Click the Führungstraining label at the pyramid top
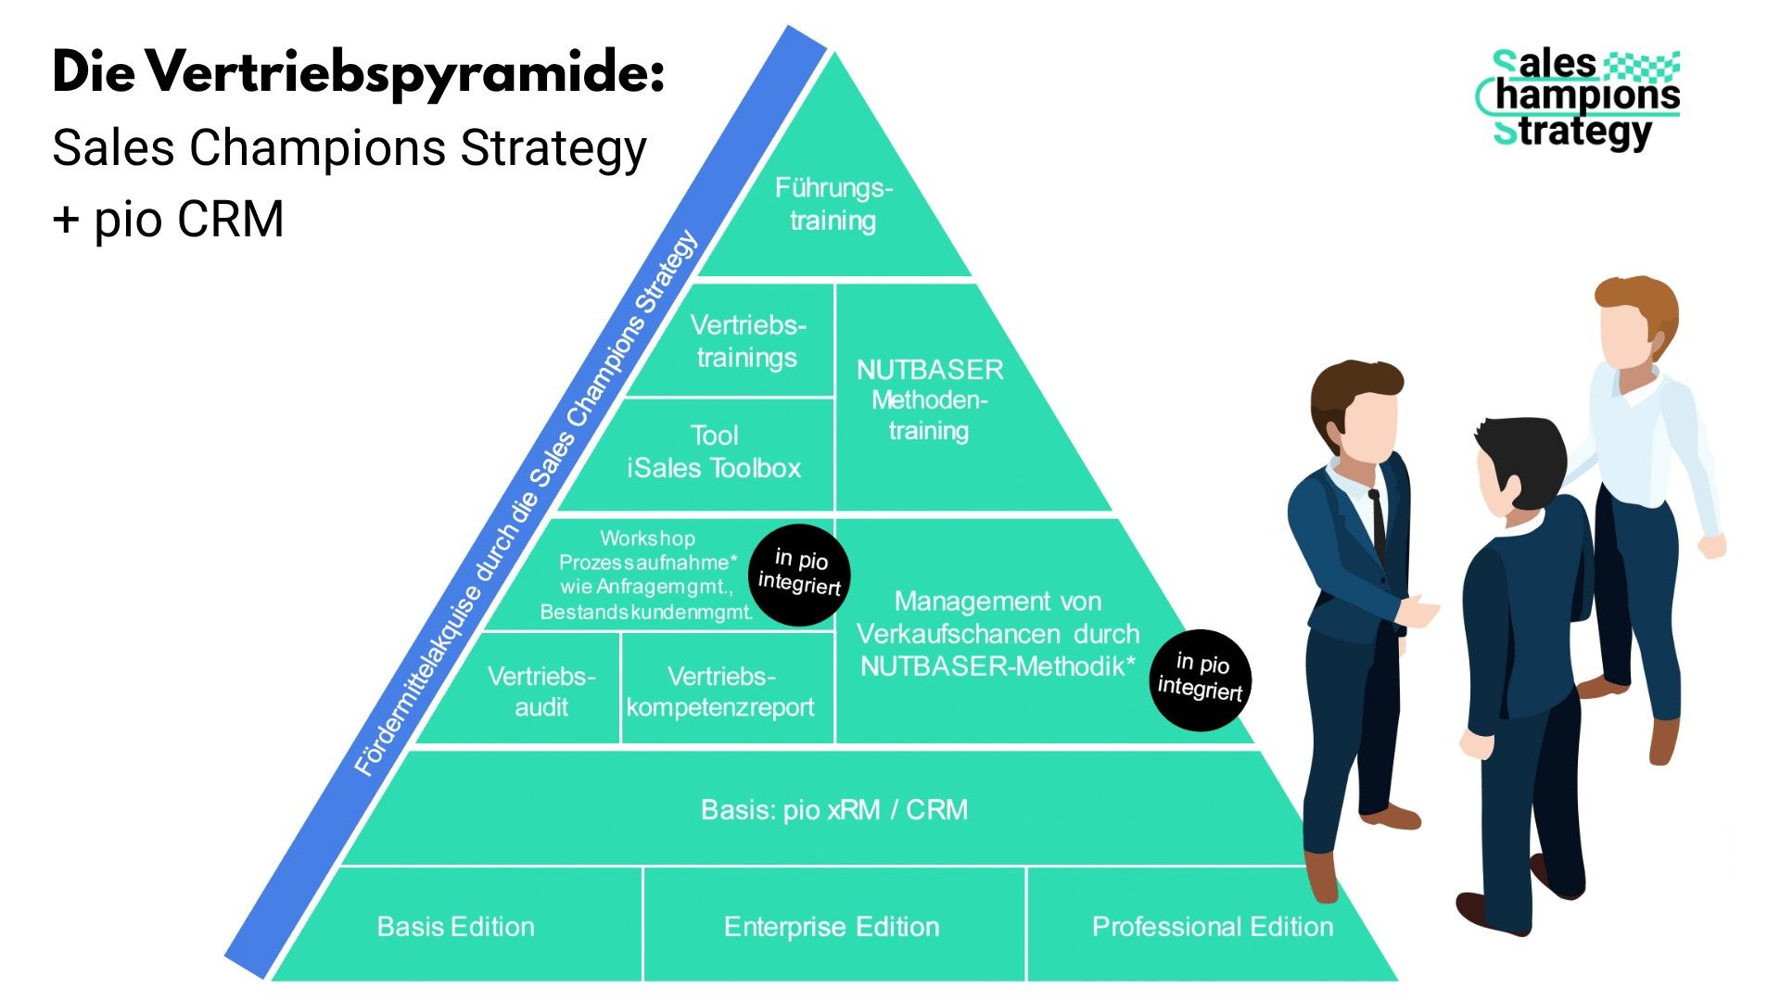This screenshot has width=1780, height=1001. pos(833,204)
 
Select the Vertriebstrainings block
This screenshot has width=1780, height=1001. pos(747,341)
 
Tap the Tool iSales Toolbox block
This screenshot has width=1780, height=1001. pos(713,452)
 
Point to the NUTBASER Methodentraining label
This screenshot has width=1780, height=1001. pos(929,400)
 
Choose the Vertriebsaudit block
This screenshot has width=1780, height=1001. pos(541,691)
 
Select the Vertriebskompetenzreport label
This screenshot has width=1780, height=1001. pos(720,691)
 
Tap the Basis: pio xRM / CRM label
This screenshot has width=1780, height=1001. pos(833,810)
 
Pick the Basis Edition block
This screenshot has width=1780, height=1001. pos(455,927)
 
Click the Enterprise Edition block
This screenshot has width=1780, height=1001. pos(832,927)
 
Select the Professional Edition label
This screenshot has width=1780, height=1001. pos(1212,927)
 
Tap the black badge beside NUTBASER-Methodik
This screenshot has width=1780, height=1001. pos(1201,678)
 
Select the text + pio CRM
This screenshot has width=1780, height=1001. pos(168,220)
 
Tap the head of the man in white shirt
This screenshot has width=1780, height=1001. pos(1634,320)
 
